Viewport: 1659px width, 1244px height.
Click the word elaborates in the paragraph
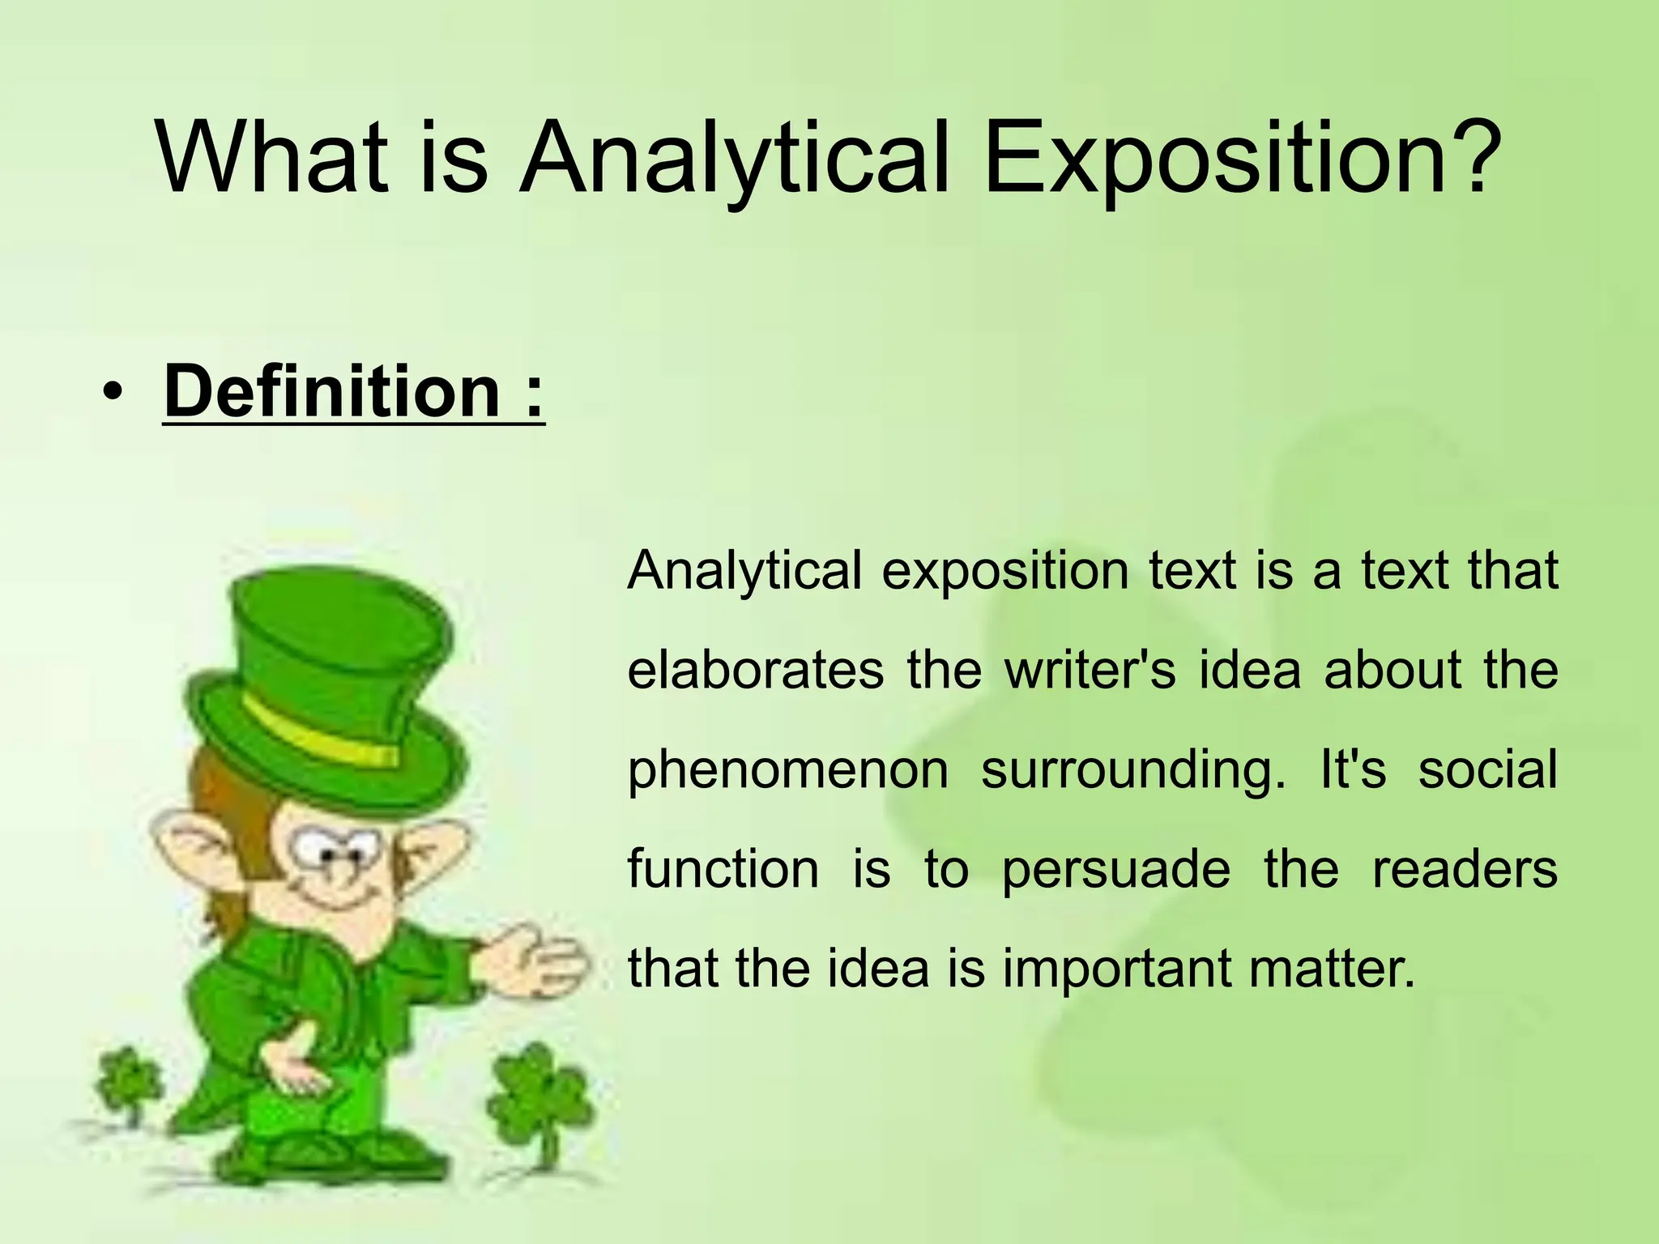(x=755, y=671)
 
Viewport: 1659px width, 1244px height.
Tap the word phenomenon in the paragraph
(x=787, y=771)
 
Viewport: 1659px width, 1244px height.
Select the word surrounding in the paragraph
(x=1132, y=771)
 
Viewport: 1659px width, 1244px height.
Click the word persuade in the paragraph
(x=1115, y=871)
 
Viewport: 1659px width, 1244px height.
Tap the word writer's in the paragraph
(x=1090, y=671)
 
